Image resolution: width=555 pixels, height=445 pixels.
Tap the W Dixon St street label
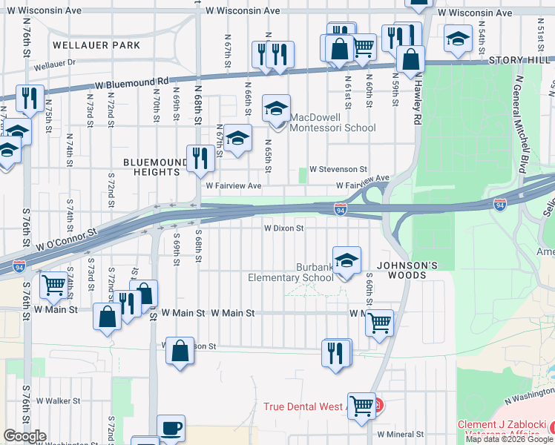point(284,228)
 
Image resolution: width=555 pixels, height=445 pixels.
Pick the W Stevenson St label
point(338,170)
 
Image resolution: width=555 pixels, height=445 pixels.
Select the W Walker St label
point(58,400)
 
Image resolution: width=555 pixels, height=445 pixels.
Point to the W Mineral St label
point(400,434)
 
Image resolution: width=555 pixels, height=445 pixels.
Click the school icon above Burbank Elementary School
point(347,260)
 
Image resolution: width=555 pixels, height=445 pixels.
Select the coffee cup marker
point(171,429)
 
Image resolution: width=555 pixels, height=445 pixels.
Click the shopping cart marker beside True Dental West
point(361,406)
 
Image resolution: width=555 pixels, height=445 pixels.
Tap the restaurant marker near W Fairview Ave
point(200,157)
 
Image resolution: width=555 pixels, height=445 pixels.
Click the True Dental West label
point(303,407)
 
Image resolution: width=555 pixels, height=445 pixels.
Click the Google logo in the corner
point(24,436)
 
